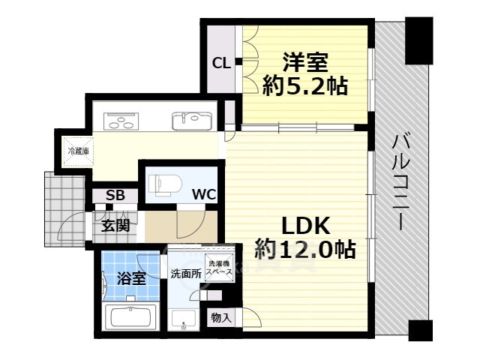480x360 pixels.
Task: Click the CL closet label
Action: [221, 64]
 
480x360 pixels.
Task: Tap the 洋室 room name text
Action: [305, 62]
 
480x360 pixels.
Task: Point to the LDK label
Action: [305, 226]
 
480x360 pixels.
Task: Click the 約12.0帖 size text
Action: [305, 249]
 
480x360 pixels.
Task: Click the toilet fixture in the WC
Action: [165, 184]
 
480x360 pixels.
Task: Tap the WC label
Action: [204, 194]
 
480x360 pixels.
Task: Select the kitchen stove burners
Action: [121, 121]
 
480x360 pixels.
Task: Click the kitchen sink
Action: [192, 121]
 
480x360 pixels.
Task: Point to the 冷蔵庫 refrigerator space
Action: [78, 151]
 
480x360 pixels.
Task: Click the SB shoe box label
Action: [115, 196]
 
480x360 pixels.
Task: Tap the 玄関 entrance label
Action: [115, 226]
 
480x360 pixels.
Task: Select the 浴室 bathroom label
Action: [132, 278]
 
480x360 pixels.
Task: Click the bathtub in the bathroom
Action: [130, 316]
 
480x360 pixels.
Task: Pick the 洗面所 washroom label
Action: [186, 274]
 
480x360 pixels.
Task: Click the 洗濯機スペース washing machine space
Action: [219, 267]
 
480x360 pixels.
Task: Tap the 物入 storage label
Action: [221, 318]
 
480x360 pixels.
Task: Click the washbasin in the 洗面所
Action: [183, 319]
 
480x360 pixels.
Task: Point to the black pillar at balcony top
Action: [418, 40]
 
